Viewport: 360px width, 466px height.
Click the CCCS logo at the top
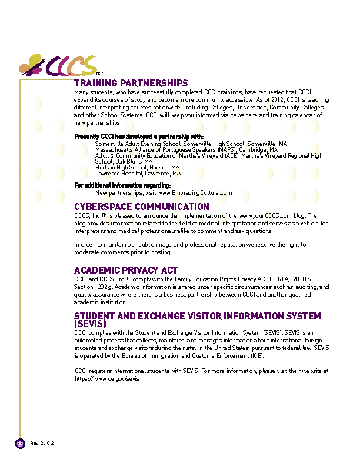click(59, 65)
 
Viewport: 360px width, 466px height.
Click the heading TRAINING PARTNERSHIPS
click(131, 84)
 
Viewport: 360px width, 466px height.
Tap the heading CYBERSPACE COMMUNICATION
click(141, 207)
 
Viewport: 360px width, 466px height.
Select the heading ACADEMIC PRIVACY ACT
click(126, 270)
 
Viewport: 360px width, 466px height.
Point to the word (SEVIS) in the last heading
click(90, 324)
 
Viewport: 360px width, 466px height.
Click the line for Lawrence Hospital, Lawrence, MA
click(138, 174)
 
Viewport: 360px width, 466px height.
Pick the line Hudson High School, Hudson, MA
click(137, 168)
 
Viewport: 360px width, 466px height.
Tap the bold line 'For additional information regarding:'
click(122, 186)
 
